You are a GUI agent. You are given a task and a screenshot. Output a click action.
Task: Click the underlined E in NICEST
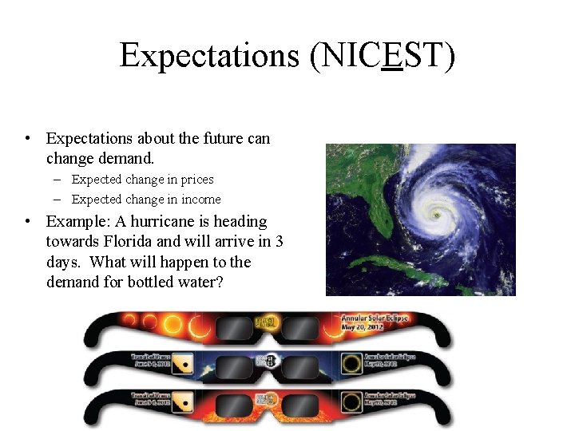click(x=391, y=56)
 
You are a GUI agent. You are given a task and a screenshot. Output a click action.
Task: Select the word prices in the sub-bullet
click(x=196, y=180)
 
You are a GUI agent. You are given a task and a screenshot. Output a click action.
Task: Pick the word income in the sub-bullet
click(x=200, y=200)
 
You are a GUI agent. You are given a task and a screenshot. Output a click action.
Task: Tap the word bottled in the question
click(x=154, y=283)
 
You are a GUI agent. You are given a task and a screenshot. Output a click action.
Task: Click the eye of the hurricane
click(x=435, y=215)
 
